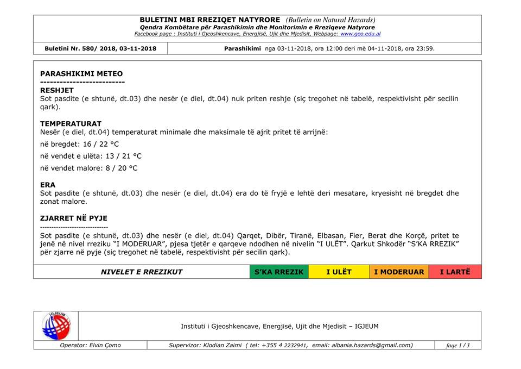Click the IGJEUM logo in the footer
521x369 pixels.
click(x=56, y=326)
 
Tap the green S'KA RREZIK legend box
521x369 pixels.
click(x=279, y=272)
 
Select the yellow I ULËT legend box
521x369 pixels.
click(x=339, y=272)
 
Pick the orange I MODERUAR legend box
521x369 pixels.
click(x=399, y=272)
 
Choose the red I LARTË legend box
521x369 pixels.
click(x=455, y=272)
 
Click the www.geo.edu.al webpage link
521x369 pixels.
click(x=360, y=34)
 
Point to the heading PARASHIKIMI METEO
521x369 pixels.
click(x=81, y=74)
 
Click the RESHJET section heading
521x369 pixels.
click(x=57, y=90)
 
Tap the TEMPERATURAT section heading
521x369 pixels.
click(x=71, y=124)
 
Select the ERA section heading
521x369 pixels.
click(x=48, y=185)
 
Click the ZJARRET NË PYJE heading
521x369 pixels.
click(x=74, y=218)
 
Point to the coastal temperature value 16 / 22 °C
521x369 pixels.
click(x=100, y=144)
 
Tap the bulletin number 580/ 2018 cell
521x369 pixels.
click(x=100, y=48)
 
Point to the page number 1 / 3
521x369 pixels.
click(x=458, y=345)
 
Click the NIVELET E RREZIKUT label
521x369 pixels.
click(x=142, y=272)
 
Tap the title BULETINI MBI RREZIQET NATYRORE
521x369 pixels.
click(x=210, y=20)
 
